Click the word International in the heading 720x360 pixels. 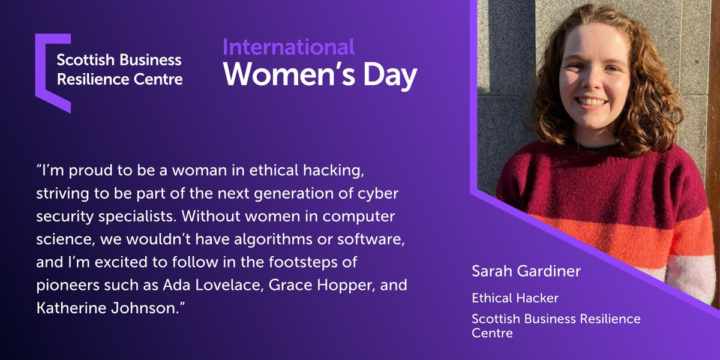[x=289, y=47]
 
